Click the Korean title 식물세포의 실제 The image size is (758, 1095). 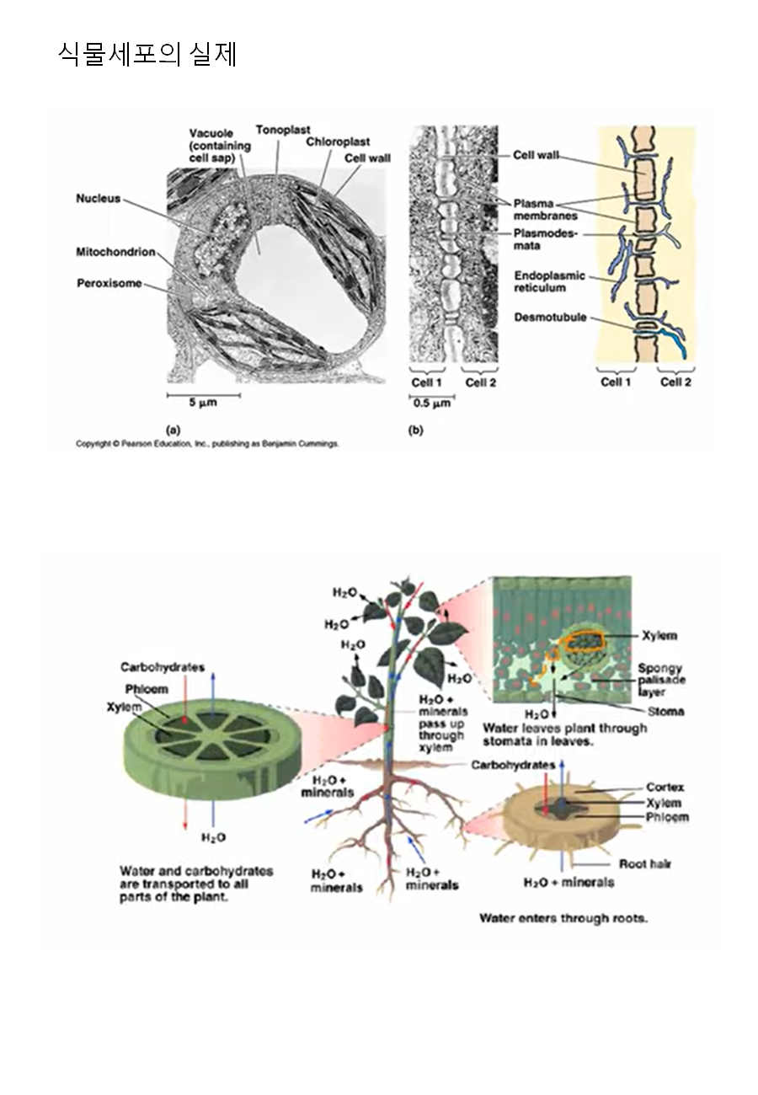pyautogui.click(x=147, y=54)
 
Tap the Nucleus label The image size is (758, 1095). pyautogui.click(x=98, y=198)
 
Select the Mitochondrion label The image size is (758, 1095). pyautogui.click(x=115, y=252)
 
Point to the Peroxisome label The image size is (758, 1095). pyautogui.click(x=109, y=283)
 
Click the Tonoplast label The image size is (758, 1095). pyautogui.click(x=283, y=130)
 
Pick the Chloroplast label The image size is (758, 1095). pyautogui.click(x=338, y=142)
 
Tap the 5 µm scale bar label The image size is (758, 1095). pyautogui.click(x=203, y=403)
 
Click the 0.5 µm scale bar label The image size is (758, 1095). pyautogui.click(x=431, y=403)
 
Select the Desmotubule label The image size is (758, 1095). pyautogui.click(x=550, y=318)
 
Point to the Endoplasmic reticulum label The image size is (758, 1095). pyautogui.click(x=549, y=281)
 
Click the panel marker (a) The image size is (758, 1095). pyautogui.click(x=173, y=430)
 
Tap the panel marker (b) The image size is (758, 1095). pyautogui.click(x=415, y=430)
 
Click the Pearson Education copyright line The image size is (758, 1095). pyautogui.click(x=207, y=444)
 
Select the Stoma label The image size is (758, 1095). pyautogui.click(x=665, y=711)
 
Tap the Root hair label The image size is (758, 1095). pyautogui.click(x=645, y=863)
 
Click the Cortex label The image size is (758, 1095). pyautogui.click(x=665, y=787)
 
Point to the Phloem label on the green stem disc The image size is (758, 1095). pyautogui.click(x=147, y=689)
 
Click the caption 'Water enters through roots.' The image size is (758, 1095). pyautogui.click(x=563, y=917)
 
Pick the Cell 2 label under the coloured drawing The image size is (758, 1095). pyautogui.click(x=675, y=382)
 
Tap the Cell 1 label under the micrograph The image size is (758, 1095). pyautogui.click(x=426, y=382)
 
